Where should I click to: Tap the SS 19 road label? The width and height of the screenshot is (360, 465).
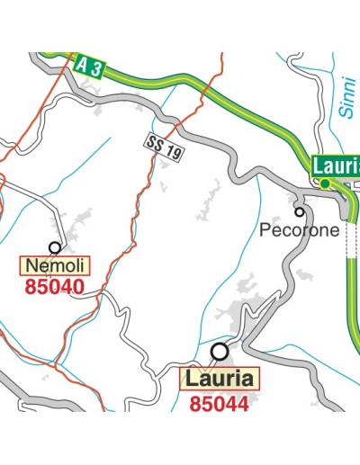164,148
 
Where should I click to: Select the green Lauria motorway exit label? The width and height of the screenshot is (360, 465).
337,165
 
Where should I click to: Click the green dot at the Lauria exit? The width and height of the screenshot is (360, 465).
324,183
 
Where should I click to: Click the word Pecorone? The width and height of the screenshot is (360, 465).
300,230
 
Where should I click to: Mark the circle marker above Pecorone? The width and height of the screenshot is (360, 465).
300,212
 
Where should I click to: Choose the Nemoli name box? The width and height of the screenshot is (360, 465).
55,265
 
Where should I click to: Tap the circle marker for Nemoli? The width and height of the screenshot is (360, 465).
55,246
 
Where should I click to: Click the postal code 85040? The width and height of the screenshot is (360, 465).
55,288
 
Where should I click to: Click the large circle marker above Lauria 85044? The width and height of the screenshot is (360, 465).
219,351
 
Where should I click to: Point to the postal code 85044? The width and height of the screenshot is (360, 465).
219,404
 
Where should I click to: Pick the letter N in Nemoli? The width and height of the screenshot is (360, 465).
32,265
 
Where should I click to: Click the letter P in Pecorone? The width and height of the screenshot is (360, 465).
265,230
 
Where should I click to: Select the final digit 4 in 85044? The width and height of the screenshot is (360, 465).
240,404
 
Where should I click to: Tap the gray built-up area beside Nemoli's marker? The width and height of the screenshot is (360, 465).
79,221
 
